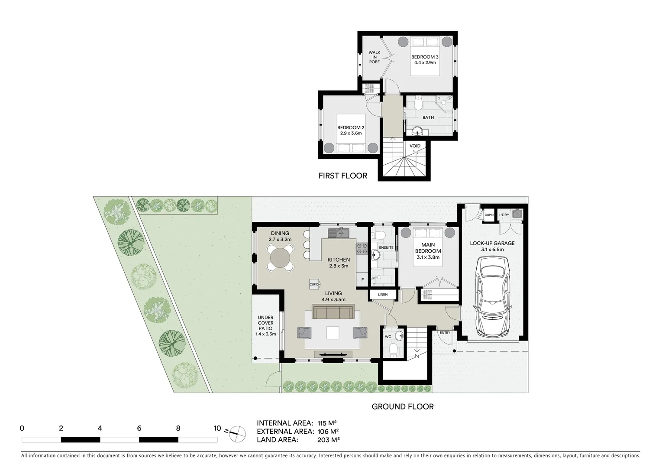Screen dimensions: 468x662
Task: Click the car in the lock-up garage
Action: pyautogui.click(x=493, y=300)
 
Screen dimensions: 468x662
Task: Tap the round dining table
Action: pyautogui.click(x=280, y=258)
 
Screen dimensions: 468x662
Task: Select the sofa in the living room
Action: pyautogui.click(x=333, y=312)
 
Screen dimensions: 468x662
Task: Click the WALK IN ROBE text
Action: pyautogui.click(x=374, y=57)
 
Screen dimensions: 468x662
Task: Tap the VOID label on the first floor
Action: pyautogui.click(x=415, y=146)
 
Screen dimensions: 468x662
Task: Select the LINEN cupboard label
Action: pyautogui.click(x=383, y=295)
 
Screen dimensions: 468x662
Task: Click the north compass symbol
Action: pyautogui.click(x=237, y=432)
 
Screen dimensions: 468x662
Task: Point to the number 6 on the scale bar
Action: pyautogui.click(x=139, y=429)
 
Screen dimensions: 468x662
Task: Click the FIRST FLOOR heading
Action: pyautogui.click(x=342, y=175)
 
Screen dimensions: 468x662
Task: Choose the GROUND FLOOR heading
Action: pyautogui.click(x=403, y=406)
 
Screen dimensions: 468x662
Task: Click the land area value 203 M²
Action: pyautogui.click(x=328, y=440)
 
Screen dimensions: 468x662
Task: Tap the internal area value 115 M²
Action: pyautogui.click(x=327, y=423)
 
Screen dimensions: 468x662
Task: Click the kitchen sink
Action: pyautogui.click(x=339, y=233)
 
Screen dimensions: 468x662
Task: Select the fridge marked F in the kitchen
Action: pyautogui.click(x=362, y=279)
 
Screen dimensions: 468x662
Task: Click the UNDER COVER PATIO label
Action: pyautogui.click(x=266, y=325)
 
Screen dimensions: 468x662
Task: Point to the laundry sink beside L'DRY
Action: pyautogui.click(x=517, y=214)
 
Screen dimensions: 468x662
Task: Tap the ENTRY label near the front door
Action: pyautogui.click(x=445, y=333)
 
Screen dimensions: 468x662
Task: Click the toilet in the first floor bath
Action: pyautogui.click(x=418, y=104)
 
